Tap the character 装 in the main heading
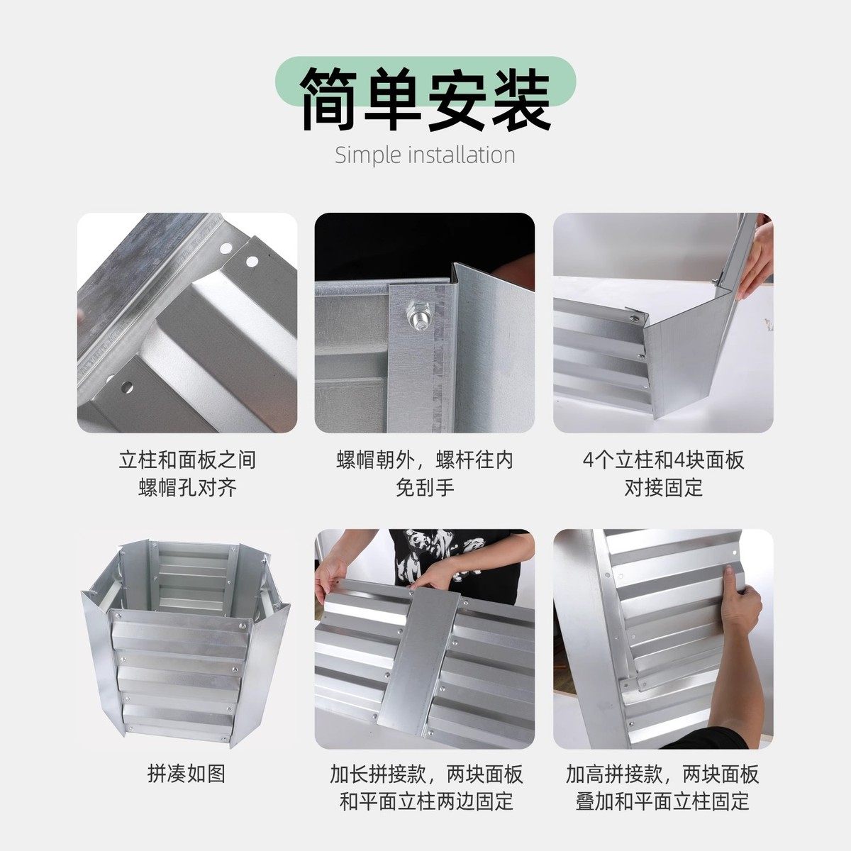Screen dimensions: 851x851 point(519,100)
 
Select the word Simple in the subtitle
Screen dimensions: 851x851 point(368,155)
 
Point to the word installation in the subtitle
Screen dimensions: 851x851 point(462,155)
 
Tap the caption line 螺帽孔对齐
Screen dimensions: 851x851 point(187,488)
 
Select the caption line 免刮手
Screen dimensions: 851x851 point(425,488)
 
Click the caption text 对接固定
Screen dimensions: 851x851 point(663,488)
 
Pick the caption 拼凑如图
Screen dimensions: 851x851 point(187,773)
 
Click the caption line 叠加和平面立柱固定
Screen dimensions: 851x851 point(662,802)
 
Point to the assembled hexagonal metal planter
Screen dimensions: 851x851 point(186,638)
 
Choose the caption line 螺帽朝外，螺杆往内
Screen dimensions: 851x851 point(425,460)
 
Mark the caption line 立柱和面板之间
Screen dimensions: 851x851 point(187,460)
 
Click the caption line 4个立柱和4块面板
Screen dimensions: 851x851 point(663,460)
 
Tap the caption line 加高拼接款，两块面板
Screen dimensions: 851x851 point(662,774)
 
